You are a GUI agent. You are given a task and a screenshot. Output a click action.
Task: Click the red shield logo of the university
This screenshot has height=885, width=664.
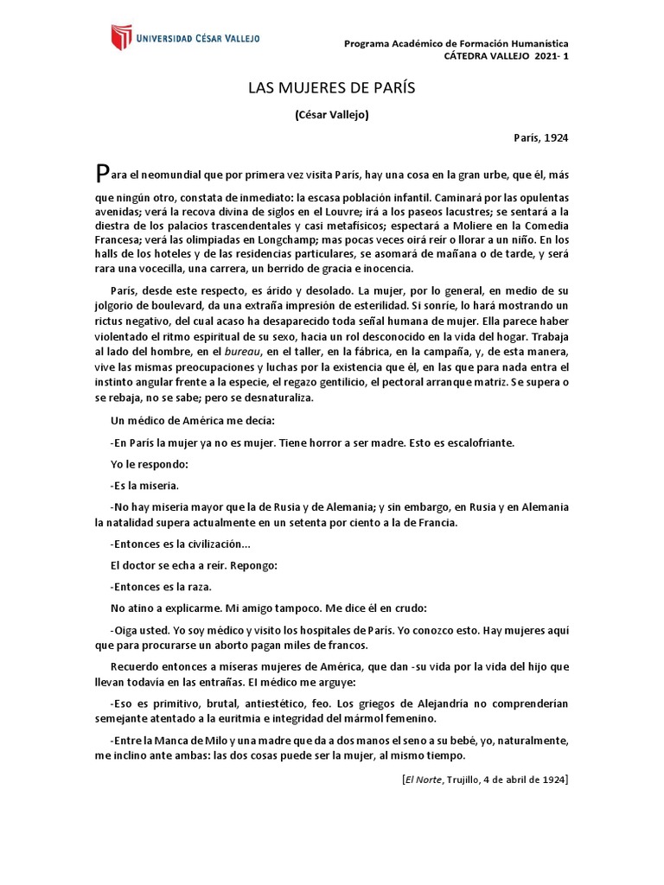click(x=118, y=38)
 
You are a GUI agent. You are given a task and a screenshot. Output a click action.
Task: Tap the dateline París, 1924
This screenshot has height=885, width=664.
click(x=540, y=137)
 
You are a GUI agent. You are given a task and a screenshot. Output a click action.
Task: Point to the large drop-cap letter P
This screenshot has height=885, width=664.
click(x=103, y=172)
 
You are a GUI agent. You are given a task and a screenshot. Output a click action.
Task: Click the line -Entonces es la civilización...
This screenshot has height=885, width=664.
click(x=181, y=544)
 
